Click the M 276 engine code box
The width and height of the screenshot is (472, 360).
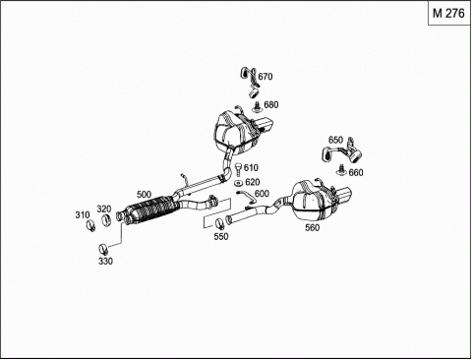(449, 14)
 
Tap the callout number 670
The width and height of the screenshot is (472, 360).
(265, 77)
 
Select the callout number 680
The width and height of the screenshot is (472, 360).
(271, 104)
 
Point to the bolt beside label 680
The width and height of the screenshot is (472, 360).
(258, 106)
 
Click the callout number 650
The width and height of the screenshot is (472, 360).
(335, 140)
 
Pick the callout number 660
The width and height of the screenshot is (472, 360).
(356, 172)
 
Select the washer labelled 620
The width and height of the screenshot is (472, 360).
(239, 183)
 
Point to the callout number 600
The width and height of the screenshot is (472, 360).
(262, 194)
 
